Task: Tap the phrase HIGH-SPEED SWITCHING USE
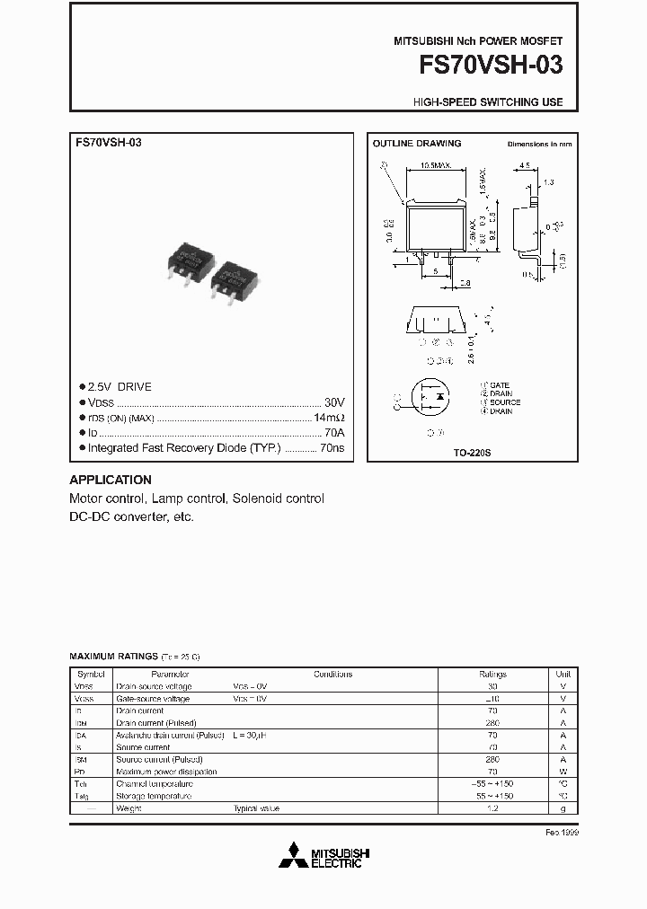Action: [x=488, y=102]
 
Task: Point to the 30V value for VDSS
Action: [x=333, y=403]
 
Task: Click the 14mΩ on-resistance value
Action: [x=328, y=419]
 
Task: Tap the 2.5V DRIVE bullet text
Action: [x=120, y=387]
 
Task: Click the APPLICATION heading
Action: [x=111, y=480]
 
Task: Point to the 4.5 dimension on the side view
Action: [x=525, y=165]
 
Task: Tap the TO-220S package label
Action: [x=473, y=454]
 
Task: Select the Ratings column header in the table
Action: [x=492, y=674]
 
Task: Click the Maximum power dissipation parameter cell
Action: [x=166, y=772]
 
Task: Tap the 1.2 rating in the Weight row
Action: [x=492, y=808]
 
